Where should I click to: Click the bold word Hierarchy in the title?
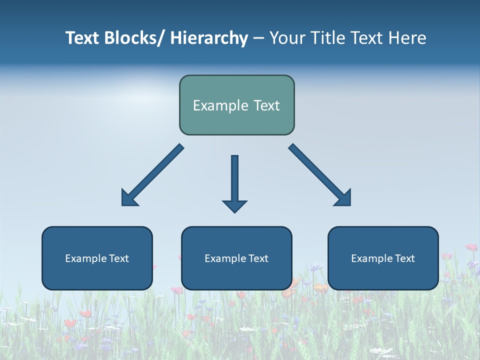pos(209,38)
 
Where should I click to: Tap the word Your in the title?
pos(287,38)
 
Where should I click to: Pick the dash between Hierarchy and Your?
pos(258,39)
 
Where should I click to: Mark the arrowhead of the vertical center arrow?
pos(234,206)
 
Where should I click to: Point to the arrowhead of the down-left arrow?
pos(128,199)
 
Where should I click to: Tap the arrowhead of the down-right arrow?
pos(344,199)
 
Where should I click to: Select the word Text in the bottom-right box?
pos(404,258)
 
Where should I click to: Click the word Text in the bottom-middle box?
pos(258,258)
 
